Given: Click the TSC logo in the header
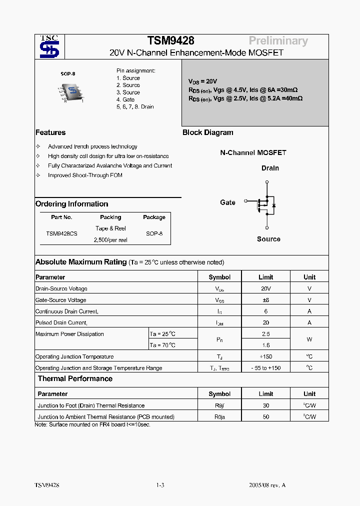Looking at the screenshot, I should pyautogui.click(x=49, y=47).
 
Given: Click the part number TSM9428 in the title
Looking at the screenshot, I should pyautogui.click(x=170, y=41).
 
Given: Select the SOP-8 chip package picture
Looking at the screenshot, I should pyautogui.click(x=71, y=91).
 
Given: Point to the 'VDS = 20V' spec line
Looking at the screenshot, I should pyautogui.click(x=202, y=81).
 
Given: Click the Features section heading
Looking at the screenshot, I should pyautogui.click(x=50, y=132).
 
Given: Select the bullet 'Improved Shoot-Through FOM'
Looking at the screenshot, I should pyautogui.click(x=85, y=175).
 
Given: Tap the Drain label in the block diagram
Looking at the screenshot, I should pyautogui.click(x=270, y=168).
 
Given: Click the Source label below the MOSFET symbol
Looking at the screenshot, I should pyautogui.click(x=268, y=239).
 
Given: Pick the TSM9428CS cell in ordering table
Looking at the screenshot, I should pyautogui.click(x=61, y=233).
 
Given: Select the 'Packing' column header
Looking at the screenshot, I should pyautogui.click(x=110, y=217).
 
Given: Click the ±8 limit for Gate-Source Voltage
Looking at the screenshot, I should pyautogui.click(x=265, y=300).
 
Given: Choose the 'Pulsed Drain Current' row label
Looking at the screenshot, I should pyautogui.click(x=61, y=322).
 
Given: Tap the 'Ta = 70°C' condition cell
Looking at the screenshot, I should pyautogui.click(x=163, y=345).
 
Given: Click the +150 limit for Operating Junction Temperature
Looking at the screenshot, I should pyautogui.click(x=265, y=356).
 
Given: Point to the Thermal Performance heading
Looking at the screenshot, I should pyautogui.click(x=75, y=379).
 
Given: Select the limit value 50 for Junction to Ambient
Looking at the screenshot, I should pyautogui.click(x=265, y=416).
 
